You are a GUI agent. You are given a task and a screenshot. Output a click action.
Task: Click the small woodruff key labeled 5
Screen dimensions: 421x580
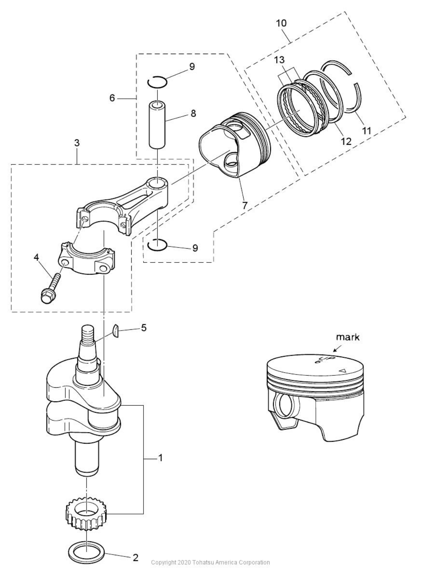pyautogui.click(x=116, y=331)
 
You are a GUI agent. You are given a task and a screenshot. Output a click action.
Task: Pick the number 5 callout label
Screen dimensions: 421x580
pyautogui.click(x=144, y=327)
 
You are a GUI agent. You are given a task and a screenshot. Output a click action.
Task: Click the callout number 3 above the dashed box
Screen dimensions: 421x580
pyautogui.click(x=76, y=143)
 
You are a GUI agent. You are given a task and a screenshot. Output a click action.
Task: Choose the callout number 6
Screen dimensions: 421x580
pyautogui.click(x=112, y=98)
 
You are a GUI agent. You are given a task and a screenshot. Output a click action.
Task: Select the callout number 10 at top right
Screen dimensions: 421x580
pyautogui.click(x=281, y=23)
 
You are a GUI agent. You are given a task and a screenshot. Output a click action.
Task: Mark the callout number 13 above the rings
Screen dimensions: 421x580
pyautogui.click(x=279, y=60)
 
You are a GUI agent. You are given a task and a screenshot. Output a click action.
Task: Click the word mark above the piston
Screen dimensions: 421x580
pyautogui.click(x=348, y=337)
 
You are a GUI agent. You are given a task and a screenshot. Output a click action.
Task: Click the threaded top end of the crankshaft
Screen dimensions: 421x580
pyautogui.click(x=87, y=332)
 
